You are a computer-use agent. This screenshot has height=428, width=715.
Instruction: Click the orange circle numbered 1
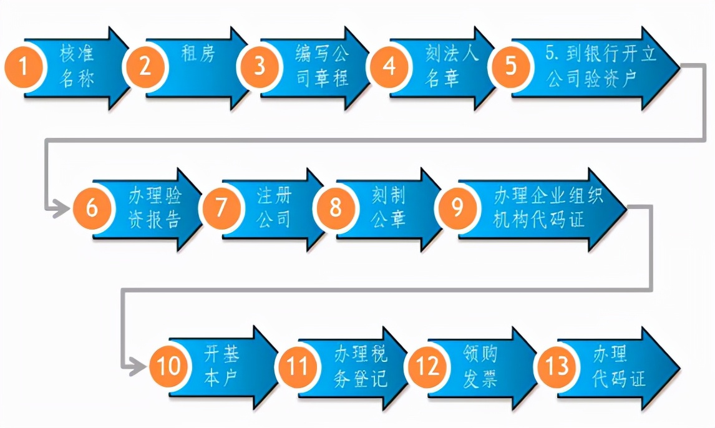pos(24,66)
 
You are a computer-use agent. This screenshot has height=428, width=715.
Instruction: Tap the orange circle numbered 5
pos(511,66)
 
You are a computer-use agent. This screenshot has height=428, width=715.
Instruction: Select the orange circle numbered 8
pos(336,207)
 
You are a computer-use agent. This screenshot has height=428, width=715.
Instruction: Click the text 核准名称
pos(77,66)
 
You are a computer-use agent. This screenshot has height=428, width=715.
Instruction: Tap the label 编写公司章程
pos(322,66)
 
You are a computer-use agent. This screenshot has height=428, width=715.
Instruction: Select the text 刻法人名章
pos(452,66)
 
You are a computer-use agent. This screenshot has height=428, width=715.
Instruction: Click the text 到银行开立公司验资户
pos(601,66)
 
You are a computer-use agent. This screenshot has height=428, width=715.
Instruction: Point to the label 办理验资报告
pos(155,207)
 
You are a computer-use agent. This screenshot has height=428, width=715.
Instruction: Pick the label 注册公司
pos(274,207)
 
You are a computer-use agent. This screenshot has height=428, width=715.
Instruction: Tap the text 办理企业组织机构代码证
pos(548,207)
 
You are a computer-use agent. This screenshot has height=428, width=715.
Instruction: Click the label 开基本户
pos(221,366)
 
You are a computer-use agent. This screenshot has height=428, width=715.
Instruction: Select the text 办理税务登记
pos(360,366)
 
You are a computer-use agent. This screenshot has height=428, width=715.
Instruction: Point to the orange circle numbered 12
pos(427,366)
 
